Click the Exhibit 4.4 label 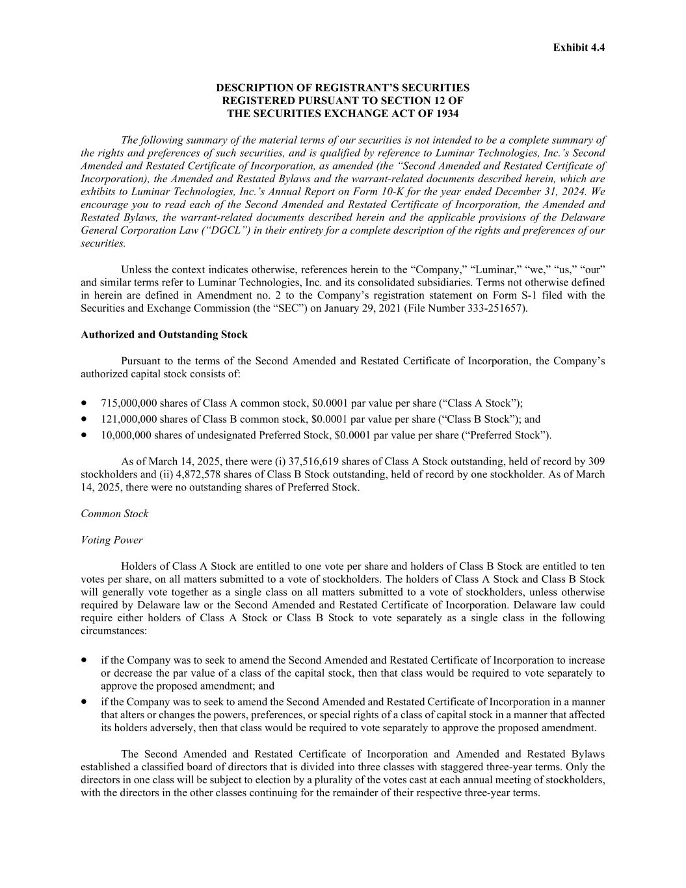click(x=579, y=47)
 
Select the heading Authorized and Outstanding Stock click(x=164, y=334)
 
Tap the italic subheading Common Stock click(x=114, y=514)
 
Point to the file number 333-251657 click(x=495, y=308)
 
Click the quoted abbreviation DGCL click(x=224, y=230)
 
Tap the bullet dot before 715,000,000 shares click(x=85, y=403)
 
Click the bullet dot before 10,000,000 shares click(x=85, y=435)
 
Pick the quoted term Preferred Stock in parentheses click(x=512, y=435)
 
